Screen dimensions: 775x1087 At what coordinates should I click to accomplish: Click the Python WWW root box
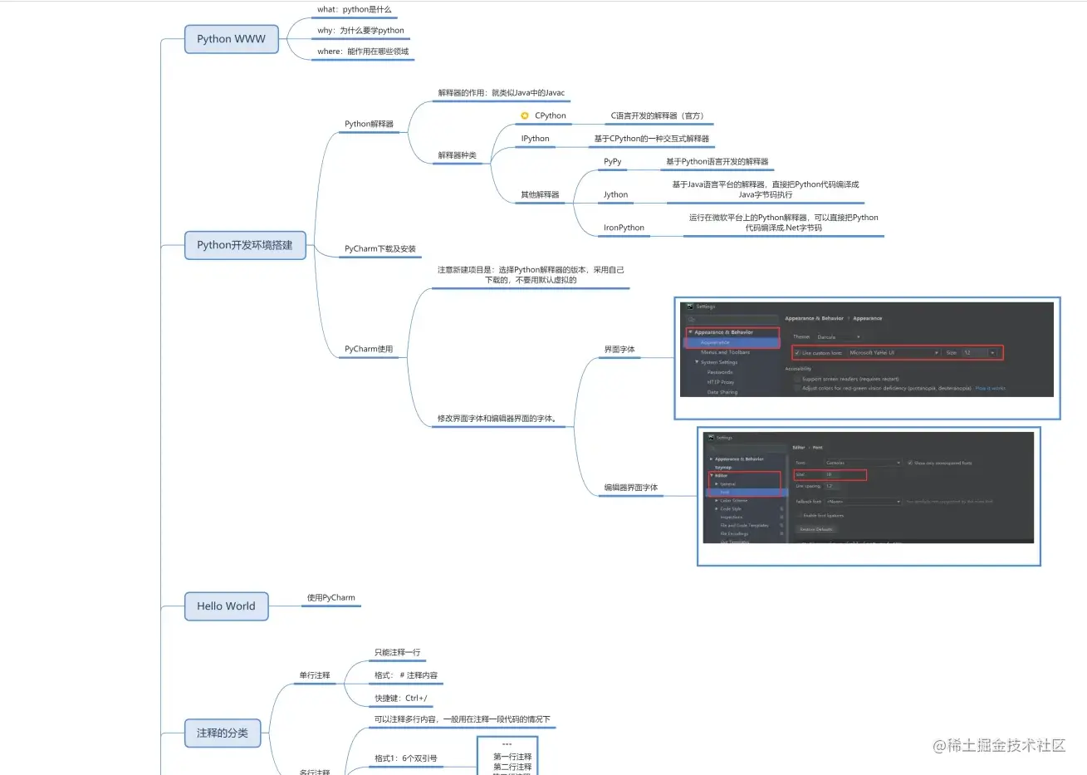[x=231, y=39]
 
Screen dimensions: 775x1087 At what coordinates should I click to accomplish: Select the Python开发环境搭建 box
[x=244, y=245]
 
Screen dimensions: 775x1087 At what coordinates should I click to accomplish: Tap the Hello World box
[x=226, y=606]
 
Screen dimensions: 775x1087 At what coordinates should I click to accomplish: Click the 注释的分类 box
[x=222, y=733]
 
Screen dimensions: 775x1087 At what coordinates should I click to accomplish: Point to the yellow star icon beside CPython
[x=525, y=116]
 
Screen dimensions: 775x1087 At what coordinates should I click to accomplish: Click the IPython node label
[x=535, y=139]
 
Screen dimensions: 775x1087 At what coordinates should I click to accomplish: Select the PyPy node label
[x=612, y=162]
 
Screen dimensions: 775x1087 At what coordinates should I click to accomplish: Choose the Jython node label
[x=615, y=195]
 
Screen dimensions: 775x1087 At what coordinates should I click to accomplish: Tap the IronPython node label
[x=624, y=228]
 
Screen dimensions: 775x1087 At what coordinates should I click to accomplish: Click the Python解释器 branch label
[x=369, y=125]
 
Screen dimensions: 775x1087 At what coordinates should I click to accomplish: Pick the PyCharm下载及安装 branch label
[x=379, y=249]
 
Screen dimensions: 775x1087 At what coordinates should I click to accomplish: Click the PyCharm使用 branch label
[x=369, y=350]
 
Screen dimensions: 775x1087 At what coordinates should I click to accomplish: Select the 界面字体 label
[x=619, y=350]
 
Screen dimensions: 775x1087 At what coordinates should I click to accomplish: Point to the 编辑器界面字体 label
[x=630, y=488]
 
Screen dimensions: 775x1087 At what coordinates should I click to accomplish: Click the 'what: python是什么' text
[x=354, y=10]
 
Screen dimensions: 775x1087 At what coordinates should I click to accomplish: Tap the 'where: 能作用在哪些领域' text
[x=362, y=52]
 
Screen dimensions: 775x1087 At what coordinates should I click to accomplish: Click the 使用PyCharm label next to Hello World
[x=331, y=598]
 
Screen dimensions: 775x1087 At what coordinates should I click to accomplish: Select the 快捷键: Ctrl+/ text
[x=400, y=699]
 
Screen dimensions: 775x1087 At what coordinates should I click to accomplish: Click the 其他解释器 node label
[x=540, y=195]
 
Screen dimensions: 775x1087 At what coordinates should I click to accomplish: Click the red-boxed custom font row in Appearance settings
[x=897, y=353]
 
